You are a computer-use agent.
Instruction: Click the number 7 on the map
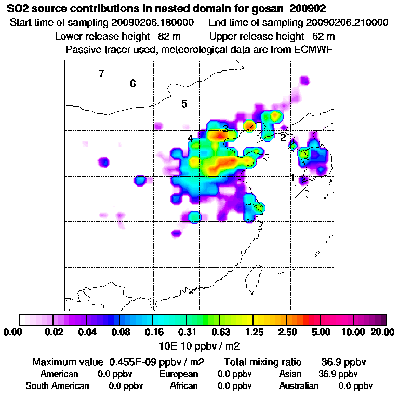click(x=102, y=73)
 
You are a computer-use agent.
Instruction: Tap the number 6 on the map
click(x=133, y=84)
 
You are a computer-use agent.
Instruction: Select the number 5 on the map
click(x=184, y=104)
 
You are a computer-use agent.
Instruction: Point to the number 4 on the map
click(x=190, y=139)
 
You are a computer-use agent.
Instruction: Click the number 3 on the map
click(x=225, y=129)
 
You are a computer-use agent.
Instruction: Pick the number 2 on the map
click(x=283, y=138)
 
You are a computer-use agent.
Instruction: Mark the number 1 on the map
click(x=292, y=178)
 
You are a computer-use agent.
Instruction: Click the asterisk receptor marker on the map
click(x=302, y=192)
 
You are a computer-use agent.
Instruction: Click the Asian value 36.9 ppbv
click(x=338, y=374)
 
